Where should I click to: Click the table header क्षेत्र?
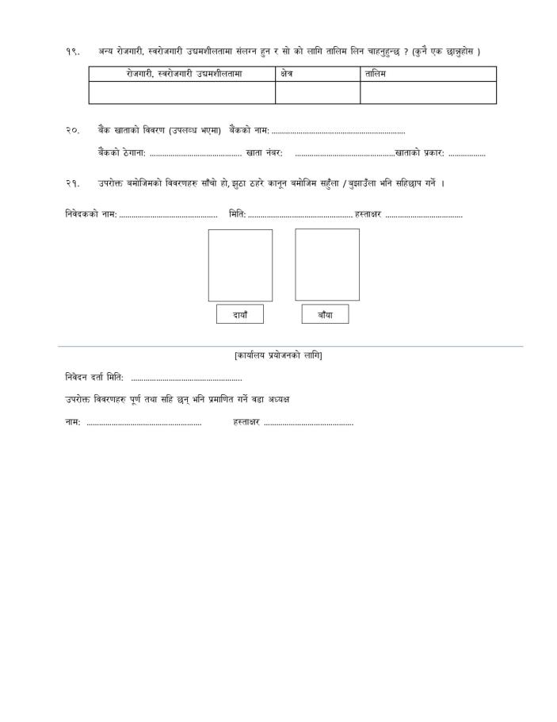287,74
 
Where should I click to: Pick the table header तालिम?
376,74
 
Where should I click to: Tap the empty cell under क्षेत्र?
317,93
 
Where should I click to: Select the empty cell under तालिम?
428,93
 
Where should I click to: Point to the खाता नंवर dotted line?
344,154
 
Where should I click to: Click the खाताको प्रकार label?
419,153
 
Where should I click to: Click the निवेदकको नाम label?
91,214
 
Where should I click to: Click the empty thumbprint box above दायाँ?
240,265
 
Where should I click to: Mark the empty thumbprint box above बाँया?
326,265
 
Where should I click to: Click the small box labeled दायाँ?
240,315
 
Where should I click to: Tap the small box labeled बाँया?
325,315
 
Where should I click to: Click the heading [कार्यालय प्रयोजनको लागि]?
278,355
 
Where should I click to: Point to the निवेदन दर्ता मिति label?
94,377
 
